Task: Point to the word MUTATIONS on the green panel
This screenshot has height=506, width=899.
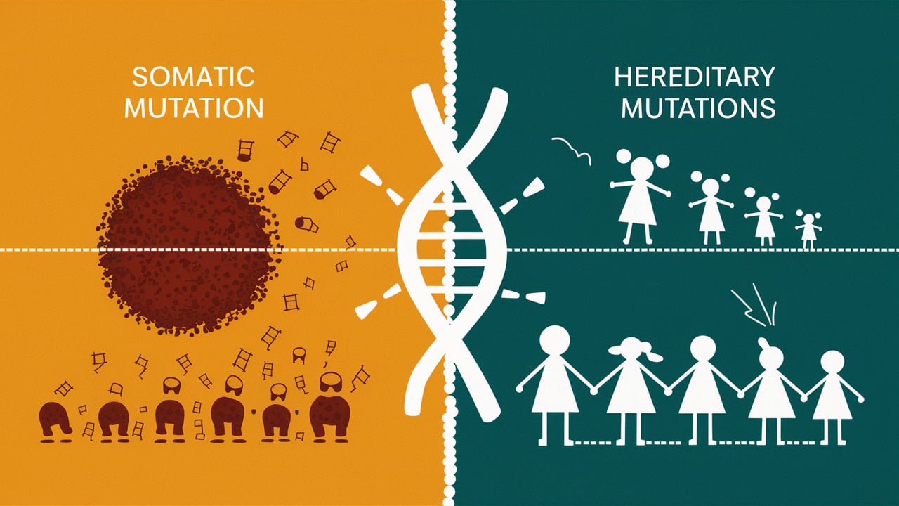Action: [699, 109]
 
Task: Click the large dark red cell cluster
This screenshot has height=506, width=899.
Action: [186, 242]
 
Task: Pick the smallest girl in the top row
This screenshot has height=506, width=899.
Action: [808, 228]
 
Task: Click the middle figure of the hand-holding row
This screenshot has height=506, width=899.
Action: [703, 383]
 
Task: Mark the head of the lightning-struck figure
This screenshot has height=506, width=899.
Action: [770, 357]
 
